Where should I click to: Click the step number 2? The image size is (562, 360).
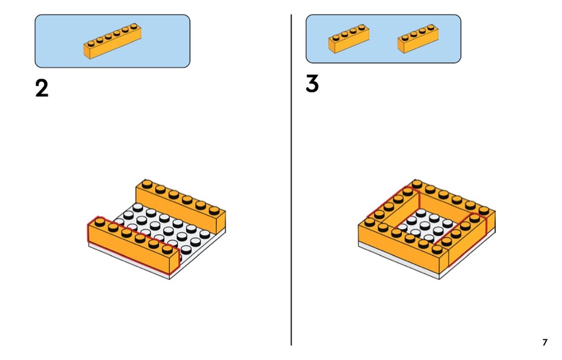pos(42,88)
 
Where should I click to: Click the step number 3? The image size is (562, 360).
pos(312,84)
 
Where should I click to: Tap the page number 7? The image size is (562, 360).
pos(544,342)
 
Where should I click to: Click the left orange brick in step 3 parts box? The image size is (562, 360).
pos(348,39)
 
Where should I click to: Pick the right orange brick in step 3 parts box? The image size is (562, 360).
pos(418,39)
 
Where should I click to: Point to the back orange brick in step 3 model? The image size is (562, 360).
pos(455,203)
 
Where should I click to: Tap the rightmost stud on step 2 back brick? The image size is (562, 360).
pos(214,209)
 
